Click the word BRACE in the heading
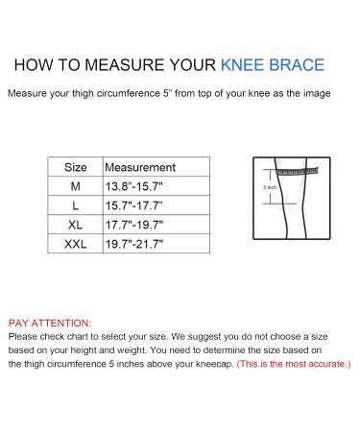click(300, 65)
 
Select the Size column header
click(75, 167)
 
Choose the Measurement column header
click(139, 167)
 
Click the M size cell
click(75, 186)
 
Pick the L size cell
click(75, 205)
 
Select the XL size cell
click(75, 225)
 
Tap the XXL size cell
click(75, 244)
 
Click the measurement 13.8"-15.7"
click(134, 186)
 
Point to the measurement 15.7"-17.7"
click(134, 205)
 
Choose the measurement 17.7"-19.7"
click(134, 225)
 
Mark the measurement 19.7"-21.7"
click(134, 244)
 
